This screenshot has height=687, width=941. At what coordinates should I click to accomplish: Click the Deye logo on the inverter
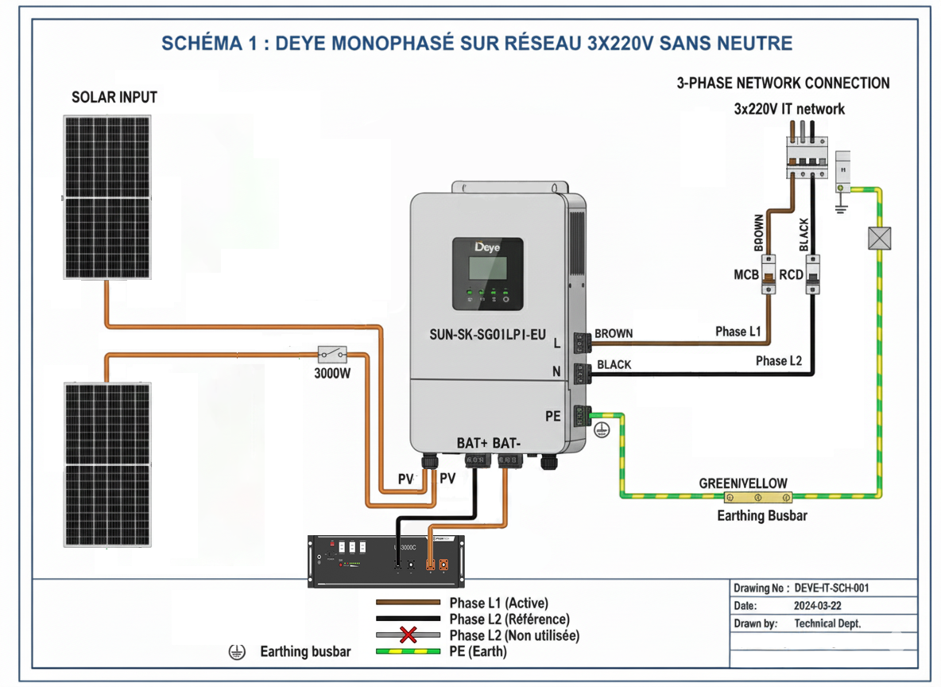(488, 247)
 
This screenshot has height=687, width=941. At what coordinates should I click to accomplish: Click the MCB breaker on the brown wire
(769, 274)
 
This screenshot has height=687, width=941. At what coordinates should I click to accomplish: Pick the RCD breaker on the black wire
(811, 274)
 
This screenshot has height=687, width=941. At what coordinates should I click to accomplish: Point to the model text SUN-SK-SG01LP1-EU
(487, 336)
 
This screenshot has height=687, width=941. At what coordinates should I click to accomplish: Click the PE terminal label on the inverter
(553, 416)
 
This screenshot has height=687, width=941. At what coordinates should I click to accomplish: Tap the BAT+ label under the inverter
(472, 443)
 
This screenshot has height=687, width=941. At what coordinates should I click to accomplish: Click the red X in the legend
(409, 635)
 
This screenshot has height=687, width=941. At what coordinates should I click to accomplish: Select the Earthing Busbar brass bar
(757, 498)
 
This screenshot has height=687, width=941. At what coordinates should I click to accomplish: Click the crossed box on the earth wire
(879, 238)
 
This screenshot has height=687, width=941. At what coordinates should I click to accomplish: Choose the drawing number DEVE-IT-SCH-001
(831, 588)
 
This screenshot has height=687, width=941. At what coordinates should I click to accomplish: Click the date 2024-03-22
(819, 606)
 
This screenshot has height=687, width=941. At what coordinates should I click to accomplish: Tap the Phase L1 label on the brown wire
(738, 332)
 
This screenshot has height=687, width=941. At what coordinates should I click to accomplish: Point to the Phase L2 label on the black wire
(778, 361)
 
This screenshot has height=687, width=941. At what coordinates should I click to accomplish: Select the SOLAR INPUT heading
(114, 98)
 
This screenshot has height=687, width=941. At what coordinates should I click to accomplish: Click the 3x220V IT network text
(788, 109)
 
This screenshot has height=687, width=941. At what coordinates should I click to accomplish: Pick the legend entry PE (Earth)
(478, 651)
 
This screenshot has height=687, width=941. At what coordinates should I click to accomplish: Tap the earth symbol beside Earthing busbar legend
(235, 652)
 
